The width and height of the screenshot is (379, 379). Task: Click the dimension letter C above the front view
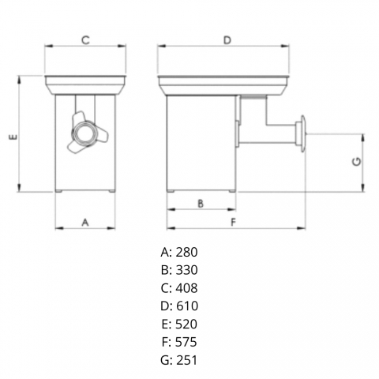(x=85, y=40)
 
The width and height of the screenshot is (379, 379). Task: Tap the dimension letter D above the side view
(x=227, y=40)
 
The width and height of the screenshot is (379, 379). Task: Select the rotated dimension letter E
(x=13, y=137)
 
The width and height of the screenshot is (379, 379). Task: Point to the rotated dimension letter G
(x=357, y=161)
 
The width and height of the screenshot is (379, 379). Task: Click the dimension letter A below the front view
(x=85, y=223)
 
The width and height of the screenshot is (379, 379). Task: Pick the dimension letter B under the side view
(x=201, y=204)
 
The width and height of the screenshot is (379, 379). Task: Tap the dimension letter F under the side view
(x=233, y=223)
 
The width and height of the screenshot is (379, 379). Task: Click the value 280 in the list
(x=186, y=252)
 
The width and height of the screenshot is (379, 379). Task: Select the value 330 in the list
(x=186, y=270)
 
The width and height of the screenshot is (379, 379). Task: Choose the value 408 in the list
(x=186, y=288)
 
